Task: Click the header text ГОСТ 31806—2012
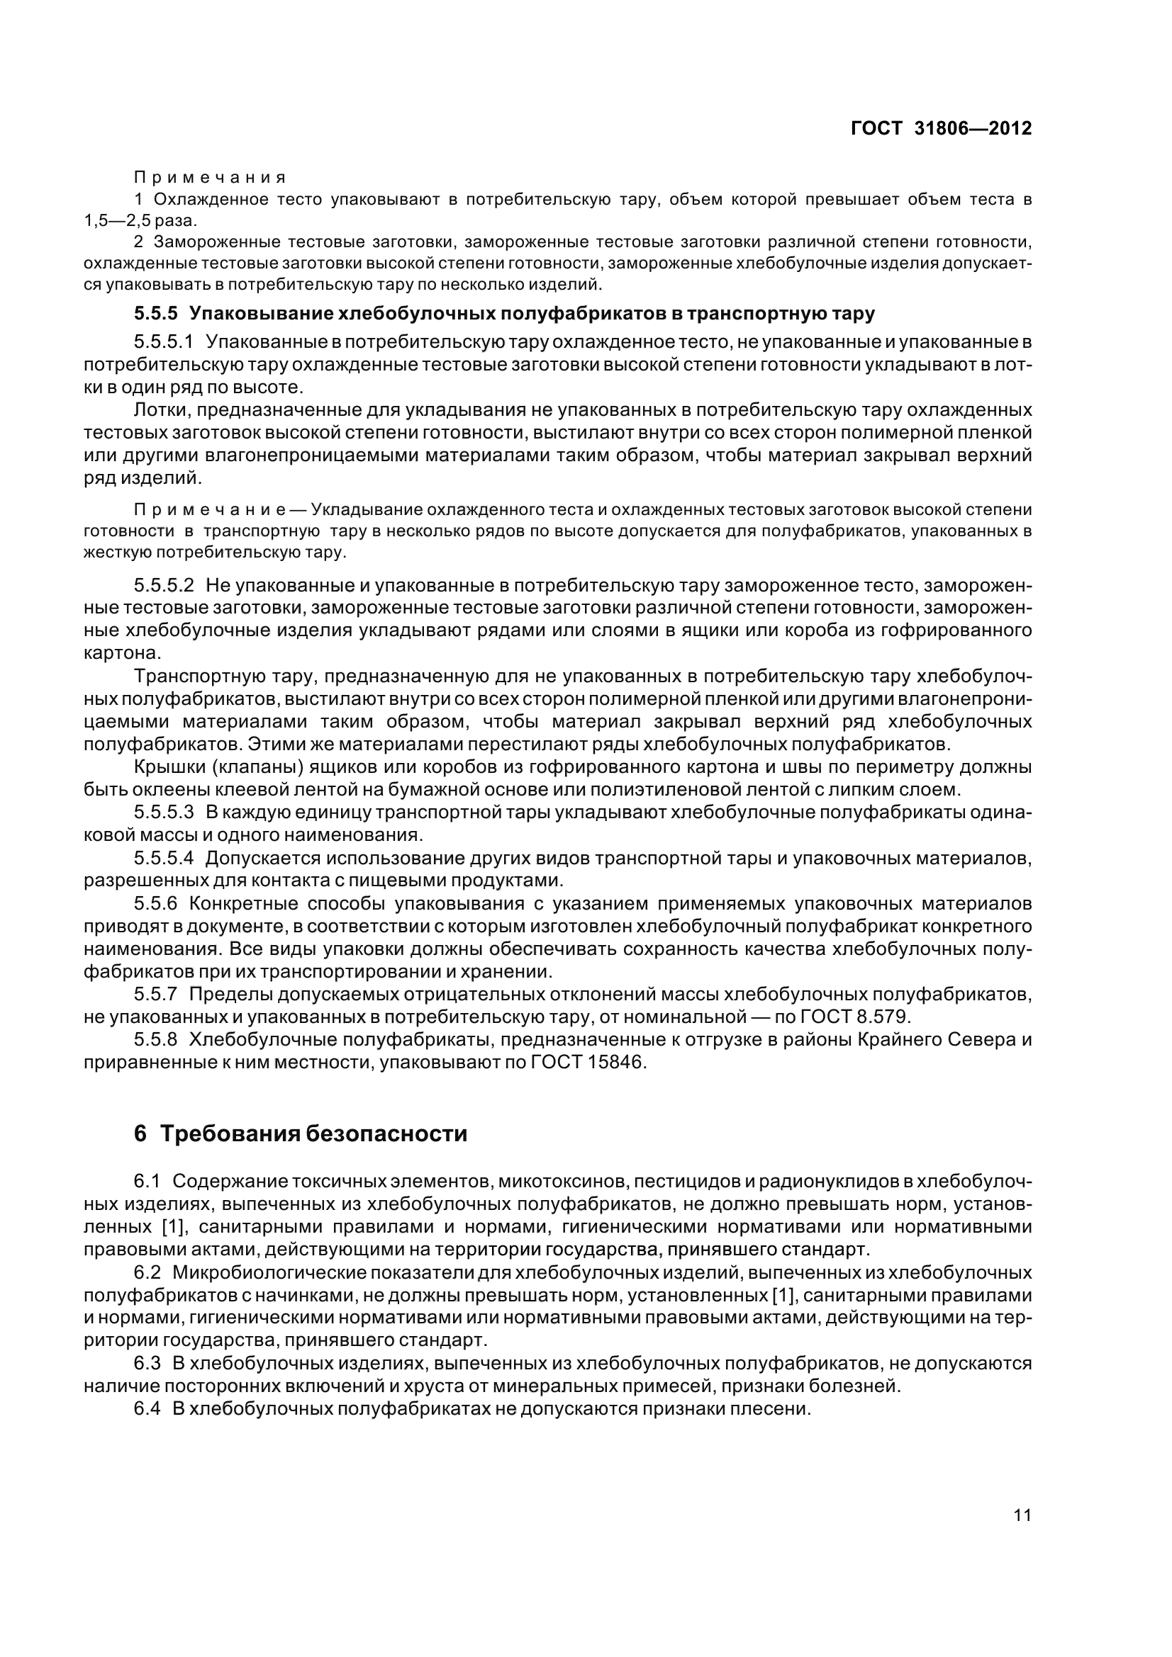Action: (941, 128)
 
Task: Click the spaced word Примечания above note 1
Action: (210, 178)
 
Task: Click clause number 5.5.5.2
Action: (164, 584)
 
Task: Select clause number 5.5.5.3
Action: (164, 813)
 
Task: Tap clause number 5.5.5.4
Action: (164, 858)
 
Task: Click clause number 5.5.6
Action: (156, 903)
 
